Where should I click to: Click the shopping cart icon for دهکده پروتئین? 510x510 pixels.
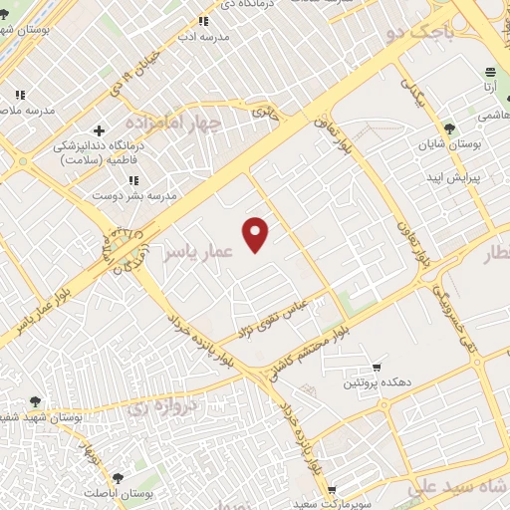click(376, 366)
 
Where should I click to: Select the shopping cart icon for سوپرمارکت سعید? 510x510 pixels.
click(330, 490)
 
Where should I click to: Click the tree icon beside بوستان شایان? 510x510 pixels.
click(449, 129)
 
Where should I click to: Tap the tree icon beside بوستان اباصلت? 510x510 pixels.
click(118, 479)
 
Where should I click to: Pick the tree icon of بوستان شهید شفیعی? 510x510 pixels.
click(35, 400)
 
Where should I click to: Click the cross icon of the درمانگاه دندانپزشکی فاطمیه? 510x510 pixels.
click(98, 130)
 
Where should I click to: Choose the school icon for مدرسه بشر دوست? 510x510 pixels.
click(133, 179)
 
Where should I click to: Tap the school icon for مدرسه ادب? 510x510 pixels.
click(204, 21)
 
